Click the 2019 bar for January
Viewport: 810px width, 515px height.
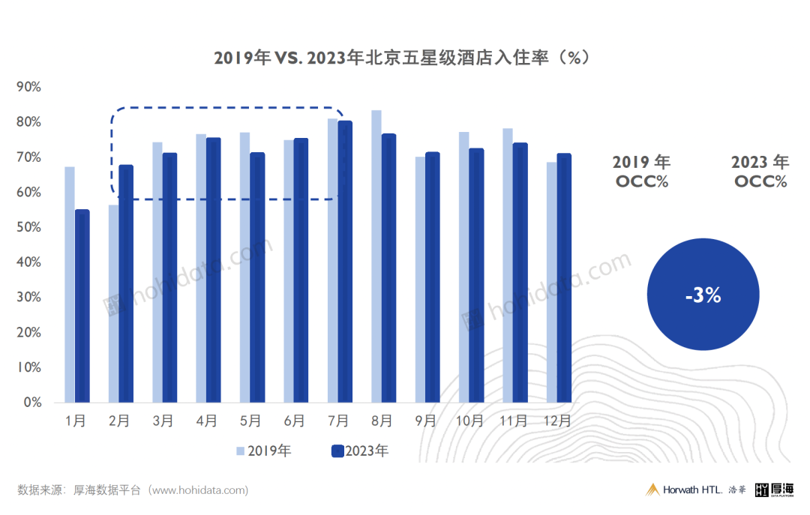click(70, 284)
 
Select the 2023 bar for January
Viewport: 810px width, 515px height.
click(82, 306)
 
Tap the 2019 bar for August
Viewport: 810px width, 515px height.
click(376, 256)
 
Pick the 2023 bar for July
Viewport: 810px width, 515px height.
click(345, 262)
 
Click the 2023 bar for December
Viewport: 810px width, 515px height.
click(564, 278)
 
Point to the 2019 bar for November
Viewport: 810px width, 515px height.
click(508, 265)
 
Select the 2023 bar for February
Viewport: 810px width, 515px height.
click(126, 283)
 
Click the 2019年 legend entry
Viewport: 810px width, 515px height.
click(263, 451)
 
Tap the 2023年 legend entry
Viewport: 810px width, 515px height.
click(360, 451)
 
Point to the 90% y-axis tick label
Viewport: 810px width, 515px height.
click(29, 87)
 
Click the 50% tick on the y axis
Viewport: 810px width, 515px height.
click(29, 227)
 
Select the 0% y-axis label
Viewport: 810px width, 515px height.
click(32, 403)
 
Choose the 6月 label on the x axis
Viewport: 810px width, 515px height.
click(294, 421)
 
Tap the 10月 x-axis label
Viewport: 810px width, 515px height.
click(469, 421)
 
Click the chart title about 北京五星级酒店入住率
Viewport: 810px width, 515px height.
click(402, 57)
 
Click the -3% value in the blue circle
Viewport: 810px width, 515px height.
click(703, 295)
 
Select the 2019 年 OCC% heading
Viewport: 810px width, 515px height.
click(641, 172)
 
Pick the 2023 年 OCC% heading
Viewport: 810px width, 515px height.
click(760, 172)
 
